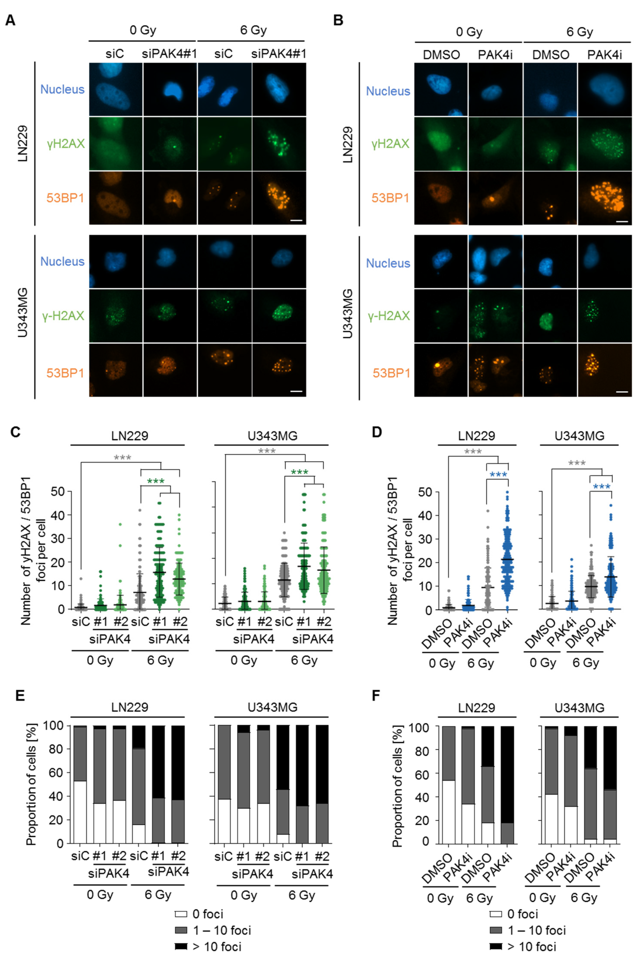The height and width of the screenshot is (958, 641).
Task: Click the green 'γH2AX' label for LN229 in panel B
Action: coord(390,144)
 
